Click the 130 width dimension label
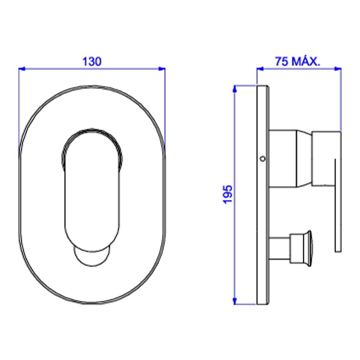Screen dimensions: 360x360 pyautogui.click(x=92, y=61)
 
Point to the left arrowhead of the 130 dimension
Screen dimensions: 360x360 pyautogui.click(x=22, y=69)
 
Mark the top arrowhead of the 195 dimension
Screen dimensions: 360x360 pyautogui.click(x=235, y=89)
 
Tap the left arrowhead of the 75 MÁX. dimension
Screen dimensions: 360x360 pyautogui.click(x=260, y=69)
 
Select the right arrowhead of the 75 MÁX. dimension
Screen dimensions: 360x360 pyautogui.click(x=338, y=69)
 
